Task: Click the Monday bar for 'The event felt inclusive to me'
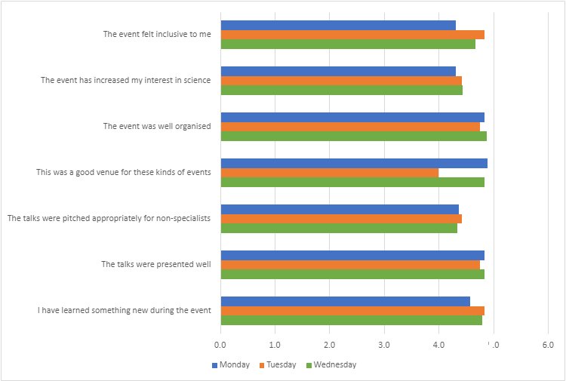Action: (338, 25)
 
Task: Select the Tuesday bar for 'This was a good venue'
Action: (329, 173)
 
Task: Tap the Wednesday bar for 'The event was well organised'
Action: (353, 137)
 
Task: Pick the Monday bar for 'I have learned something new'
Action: (345, 301)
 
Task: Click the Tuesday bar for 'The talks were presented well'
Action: (350, 265)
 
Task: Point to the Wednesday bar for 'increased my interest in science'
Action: (341, 91)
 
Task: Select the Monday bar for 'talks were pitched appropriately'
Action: (340, 209)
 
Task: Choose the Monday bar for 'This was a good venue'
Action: (354, 163)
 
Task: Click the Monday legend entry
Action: (230, 365)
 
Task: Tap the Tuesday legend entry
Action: (277, 365)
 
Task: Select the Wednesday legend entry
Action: (331, 365)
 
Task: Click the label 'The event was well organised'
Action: (157, 127)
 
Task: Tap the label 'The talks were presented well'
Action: (156, 265)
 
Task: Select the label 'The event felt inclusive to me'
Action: (157, 34)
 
